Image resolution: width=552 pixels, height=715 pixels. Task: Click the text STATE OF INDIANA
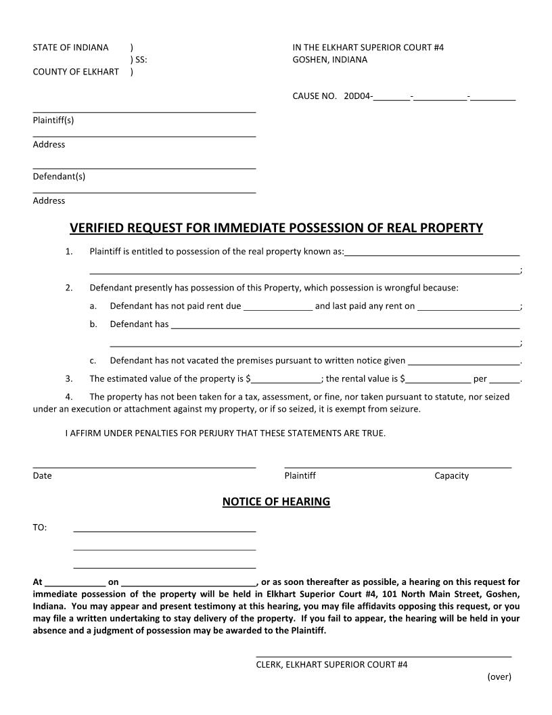[70, 47]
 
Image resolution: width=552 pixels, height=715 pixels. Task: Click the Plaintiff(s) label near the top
[53, 121]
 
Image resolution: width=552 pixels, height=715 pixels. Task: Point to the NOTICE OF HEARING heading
[276, 502]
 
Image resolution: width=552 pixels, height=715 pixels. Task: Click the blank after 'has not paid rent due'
[277, 305]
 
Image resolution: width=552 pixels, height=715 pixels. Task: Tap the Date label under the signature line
[42, 475]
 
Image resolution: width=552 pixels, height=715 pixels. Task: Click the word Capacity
[451, 475]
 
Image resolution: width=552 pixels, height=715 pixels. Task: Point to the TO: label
[40, 527]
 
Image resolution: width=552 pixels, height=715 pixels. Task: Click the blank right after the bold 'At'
[74, 582]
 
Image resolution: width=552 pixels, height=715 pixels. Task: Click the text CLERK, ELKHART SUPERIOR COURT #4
[331, 665]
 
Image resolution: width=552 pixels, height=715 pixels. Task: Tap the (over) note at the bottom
[499, 676]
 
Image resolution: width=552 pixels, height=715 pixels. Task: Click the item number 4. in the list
[69, 397]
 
